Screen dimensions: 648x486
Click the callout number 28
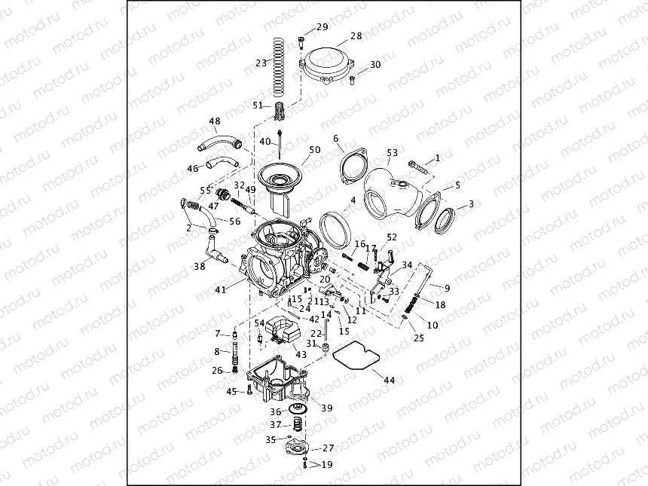(x=356, y=35)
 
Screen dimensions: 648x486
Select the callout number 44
(x=389, y=381)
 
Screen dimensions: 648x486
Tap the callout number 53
(x=392, y=153)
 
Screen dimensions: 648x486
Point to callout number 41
(x=221, y=289)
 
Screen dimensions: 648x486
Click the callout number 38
(x=200, y=266)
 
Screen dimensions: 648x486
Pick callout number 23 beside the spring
(x=261, y=63)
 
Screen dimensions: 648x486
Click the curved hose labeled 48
(x=217, y=141)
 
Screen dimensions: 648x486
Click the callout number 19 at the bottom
(x=326, y=465)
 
